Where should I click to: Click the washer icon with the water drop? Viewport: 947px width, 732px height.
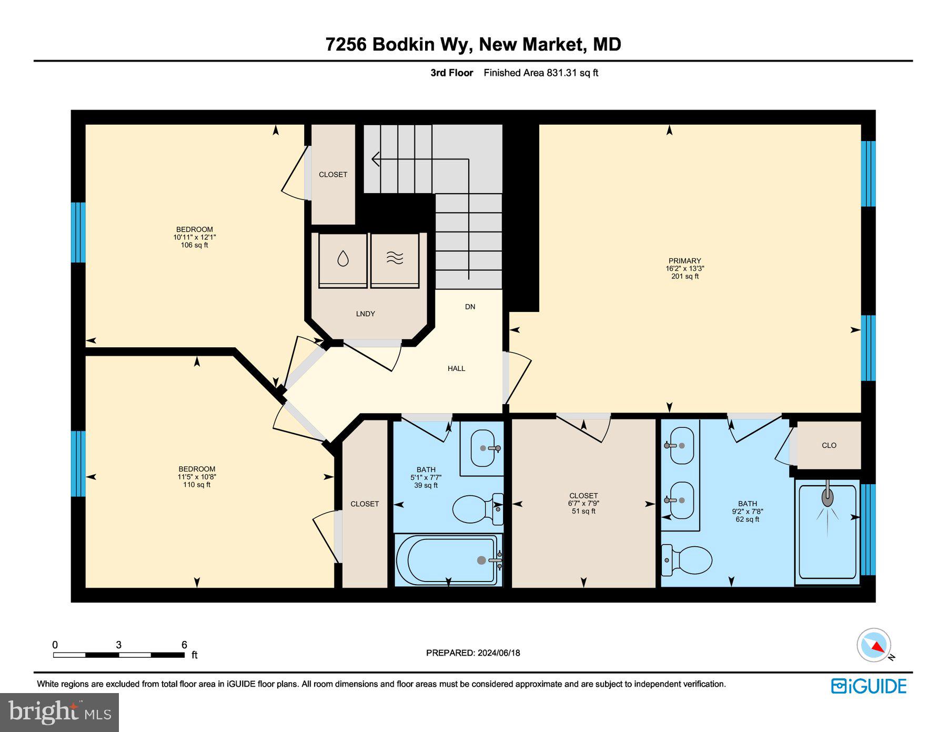(x=342, y=259)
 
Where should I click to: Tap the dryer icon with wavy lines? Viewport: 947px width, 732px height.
(x=395, y=258)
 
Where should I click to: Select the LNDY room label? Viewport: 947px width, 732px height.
(x=365, y=314)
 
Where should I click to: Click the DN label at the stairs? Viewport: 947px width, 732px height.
(x=470, y=306)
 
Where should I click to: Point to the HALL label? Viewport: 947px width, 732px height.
(x=456, y=368)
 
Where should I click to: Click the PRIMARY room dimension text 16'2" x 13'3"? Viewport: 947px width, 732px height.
(x=684, y=268)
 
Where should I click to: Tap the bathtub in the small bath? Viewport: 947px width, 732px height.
(x=447, y=560)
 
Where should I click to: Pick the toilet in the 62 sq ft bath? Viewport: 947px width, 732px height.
(x=689, y=560)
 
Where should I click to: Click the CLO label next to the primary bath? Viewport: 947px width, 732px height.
(x=829, y=445)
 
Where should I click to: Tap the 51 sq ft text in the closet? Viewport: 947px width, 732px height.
(x=583, y=511)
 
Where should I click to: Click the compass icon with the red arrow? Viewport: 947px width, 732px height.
(x=874, y=645)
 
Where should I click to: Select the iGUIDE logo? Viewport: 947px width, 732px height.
(x=869, y=686)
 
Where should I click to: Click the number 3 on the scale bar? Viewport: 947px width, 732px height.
(x=119, y=645)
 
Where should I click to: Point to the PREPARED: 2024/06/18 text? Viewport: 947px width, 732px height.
(x=473, y=653)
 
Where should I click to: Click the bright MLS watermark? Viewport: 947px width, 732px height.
(x=59, y=712)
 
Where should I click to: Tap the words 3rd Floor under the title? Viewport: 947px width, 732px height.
(x=451, y=73)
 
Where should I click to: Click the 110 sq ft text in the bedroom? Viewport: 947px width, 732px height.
(x=197, y=485)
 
